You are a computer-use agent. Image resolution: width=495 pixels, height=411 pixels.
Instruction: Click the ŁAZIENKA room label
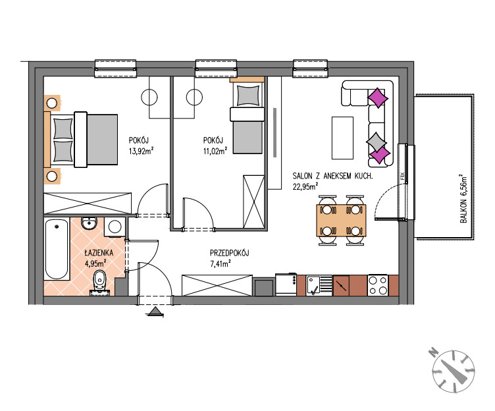pyautogui.click(x=99, y=253)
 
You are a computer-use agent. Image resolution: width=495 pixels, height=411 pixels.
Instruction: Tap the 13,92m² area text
pyautogui.click(x=141, y=151)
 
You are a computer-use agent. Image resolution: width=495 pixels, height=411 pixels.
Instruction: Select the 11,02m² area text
pyautogui.click(x=215, y=151)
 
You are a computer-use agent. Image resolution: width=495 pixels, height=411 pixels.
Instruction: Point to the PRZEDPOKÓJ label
pyautogui.click(x=230, y=253)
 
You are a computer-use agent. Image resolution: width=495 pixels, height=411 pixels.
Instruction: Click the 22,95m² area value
pyautogui.click(x=305, y=186)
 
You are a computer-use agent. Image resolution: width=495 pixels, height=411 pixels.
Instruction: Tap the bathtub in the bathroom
pyautogui.click(x=57, y=248)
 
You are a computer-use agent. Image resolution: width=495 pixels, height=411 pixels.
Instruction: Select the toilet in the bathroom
pyautogui.click(x=100, y=282)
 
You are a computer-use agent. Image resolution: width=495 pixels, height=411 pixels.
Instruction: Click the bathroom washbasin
pyautogui.click(x=90, y=223)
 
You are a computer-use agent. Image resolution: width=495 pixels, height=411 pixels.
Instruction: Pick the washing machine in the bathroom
pyautogui.click(x=115, y=227)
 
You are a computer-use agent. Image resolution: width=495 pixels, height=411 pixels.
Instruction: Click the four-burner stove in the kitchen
pyautogui.click(x=378, y=285)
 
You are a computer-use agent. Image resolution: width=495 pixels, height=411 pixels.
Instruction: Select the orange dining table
pyautogui.click(x=341, y=221)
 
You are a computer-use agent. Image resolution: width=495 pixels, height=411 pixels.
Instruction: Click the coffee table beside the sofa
pyautogui.click(x=342, y=138)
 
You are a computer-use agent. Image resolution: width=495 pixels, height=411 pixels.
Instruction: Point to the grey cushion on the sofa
pyautogui.click(x=376, y=142)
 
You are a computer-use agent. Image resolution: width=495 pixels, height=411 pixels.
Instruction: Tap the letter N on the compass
pyautogui.click(x=433, y=352)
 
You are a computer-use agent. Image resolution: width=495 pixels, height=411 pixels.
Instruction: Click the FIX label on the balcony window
pyautogui.click(x=402, y=176)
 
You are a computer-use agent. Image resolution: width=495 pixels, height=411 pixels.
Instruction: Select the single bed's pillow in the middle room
pyautogui.click(x=248, y=96)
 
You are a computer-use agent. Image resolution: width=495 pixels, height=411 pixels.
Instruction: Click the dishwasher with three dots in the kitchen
pyautogui.click(x=286, y=285)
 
